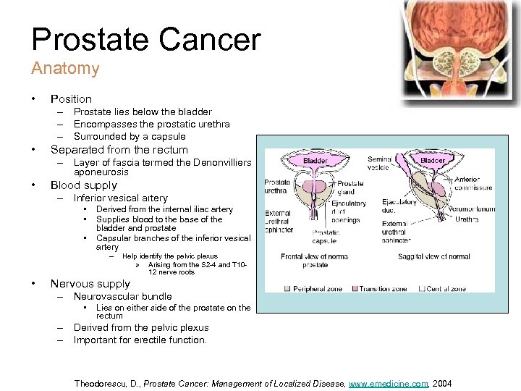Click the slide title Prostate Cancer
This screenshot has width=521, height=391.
point(145,39)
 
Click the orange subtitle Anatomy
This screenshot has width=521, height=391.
point(65,69)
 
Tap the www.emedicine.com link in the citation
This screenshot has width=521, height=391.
point(389,383)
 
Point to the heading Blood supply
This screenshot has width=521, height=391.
point(83,185)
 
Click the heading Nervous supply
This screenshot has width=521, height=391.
point(90,283)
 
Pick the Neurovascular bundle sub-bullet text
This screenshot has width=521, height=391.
point(122,296)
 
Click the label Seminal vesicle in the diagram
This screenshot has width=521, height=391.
point(380,164)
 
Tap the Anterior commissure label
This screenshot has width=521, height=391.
point(473,182)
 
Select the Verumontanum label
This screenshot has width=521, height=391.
point(471,209)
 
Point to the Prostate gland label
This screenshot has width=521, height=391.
point(350,188)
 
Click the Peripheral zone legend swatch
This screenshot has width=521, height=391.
point(288,288)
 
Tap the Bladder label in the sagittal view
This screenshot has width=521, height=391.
point(433,160)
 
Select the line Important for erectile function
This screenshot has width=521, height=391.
point(140,340)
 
